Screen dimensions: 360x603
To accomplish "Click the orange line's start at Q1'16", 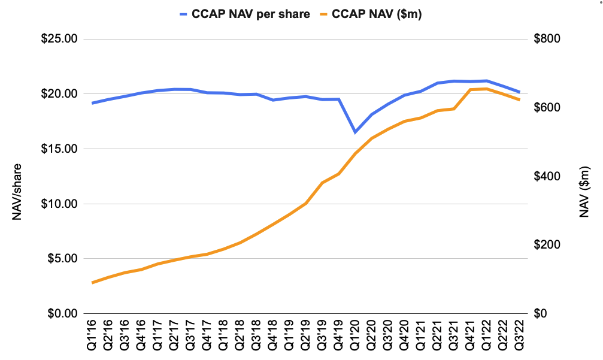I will click(92, 282).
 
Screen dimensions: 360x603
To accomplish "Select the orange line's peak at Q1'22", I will click(486, 89).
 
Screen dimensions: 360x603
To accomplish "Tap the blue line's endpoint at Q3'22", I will click(519, 92).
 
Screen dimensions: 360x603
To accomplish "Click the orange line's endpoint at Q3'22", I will click(519, 99).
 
